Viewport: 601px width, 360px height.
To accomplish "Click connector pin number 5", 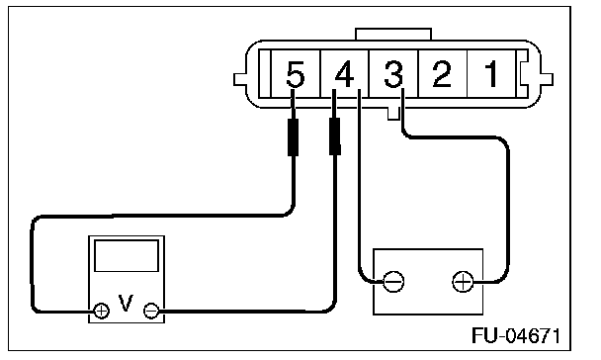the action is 296,73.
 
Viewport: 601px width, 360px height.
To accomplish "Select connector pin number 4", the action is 344,73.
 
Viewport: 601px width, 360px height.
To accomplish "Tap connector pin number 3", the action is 393,73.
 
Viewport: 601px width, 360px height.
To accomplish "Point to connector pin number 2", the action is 442,73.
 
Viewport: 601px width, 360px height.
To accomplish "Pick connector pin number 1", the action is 491,73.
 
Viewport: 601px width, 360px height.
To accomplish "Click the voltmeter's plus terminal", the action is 101,311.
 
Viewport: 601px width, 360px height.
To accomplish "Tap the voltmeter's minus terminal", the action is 151,311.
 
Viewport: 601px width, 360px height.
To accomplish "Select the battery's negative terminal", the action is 393,282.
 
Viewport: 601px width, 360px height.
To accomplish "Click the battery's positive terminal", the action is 463,282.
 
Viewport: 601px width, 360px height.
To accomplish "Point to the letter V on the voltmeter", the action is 126,303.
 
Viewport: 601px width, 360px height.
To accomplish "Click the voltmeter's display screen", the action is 127,256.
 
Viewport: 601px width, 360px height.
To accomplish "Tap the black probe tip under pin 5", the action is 294,136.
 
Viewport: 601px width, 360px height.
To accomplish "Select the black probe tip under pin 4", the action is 335,136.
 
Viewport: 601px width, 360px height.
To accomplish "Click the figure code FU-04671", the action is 516,335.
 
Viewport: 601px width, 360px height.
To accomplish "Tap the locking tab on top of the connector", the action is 393,34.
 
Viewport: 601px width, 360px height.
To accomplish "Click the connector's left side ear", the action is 240,79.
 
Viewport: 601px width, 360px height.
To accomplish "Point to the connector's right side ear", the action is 547,79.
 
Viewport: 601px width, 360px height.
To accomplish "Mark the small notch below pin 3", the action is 393,114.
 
